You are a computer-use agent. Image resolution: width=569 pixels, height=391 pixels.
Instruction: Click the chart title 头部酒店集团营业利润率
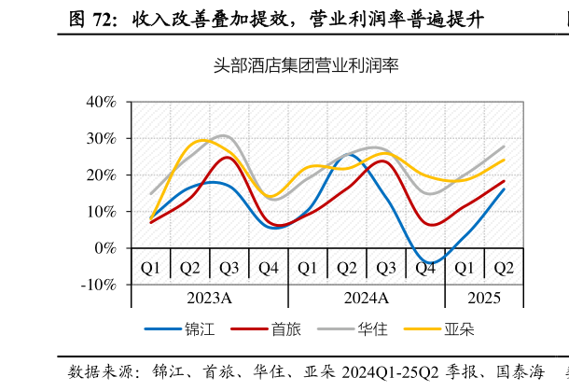click(306, 65)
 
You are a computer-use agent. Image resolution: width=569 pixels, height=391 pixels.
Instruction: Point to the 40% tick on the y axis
click(100, 102)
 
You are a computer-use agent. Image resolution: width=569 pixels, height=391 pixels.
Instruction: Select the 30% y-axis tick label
click(100, 138)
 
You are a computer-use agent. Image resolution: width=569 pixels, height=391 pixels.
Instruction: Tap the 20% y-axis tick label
click(100, 175)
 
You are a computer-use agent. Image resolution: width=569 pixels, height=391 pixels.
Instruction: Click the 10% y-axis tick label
click(100, 211)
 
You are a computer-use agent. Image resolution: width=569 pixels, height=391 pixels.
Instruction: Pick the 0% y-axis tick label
click(104, 248)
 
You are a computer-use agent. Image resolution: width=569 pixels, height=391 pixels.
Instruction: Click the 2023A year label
click(209, 298)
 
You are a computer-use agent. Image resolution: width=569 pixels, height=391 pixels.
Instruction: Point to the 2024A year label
click(366, 298)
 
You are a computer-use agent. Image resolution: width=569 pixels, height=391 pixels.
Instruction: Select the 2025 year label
click(484, 298)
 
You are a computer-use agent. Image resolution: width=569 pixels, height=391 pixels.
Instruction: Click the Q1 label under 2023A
click(150, 269)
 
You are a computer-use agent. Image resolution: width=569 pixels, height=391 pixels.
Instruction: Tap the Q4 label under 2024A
click(425, 269)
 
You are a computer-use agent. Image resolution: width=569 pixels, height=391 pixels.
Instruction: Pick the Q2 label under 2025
click(504, 269)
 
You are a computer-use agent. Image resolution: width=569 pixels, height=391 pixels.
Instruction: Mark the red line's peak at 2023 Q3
click(228, 157)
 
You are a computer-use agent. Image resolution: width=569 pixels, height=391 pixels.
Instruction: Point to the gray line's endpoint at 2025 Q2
click(504, 146)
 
